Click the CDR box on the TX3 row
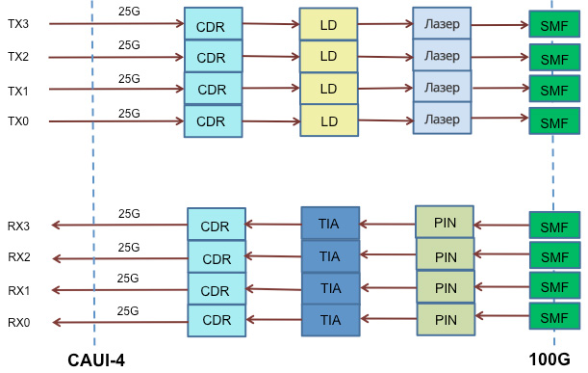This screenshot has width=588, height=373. click(212, 25)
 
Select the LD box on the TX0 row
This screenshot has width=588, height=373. click(328, 121)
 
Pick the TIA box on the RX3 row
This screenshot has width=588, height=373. click(329, 224)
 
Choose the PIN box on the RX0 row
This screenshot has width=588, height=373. click(446, 320)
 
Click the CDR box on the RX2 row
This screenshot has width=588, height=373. click(217, 258)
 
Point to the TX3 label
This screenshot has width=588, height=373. click(18, 24)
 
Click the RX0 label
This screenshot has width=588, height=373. click(18, 322)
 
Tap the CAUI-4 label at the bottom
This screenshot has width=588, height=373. click(96, 360)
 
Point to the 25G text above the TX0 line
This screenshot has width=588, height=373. click(130, 113)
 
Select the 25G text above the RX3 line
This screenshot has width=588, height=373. click(130, 214)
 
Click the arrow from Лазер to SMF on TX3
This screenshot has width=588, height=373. click(499, 25)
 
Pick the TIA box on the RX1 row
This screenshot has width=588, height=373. click(330, 287)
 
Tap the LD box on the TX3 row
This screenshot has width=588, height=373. click(328, 24)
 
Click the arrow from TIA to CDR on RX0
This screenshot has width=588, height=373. click(273, 320)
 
